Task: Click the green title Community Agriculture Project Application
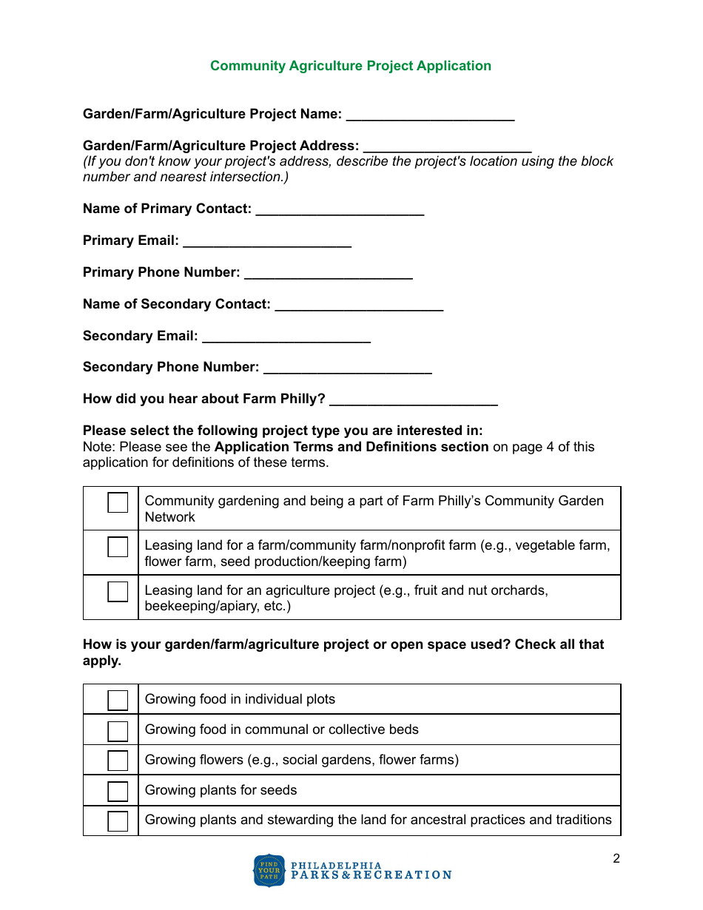[x=350, y=66]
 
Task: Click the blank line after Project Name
[x=430, y=115]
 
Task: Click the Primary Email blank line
[x=266, y=242]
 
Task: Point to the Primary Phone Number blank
[x=328, y=274]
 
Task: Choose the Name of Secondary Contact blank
[x=359, y=306]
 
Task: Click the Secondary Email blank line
[x=286, y=337]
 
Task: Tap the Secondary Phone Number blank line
[x=347, y=368]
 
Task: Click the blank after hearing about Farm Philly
[x=413, y=400]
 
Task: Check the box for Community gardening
[x=118, y=502]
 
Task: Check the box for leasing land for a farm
[x=118, y=547]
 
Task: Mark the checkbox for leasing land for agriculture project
[x=118, y=592]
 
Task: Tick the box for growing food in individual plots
[x=118, y=700]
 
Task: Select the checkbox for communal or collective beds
[x=118, y=730]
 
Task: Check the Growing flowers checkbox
[x=118, y=761]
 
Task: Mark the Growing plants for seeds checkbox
[x=118, y=791]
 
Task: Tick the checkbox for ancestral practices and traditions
[x=118, y=821]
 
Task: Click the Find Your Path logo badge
[x=269, y=871]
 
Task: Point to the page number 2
[x=616, y=859]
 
